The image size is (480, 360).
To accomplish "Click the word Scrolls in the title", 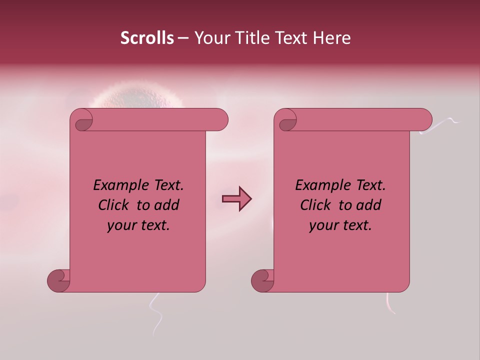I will pos(147,38).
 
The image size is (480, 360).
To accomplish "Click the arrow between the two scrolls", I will pos(236,199).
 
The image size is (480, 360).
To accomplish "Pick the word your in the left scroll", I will pos(121,225).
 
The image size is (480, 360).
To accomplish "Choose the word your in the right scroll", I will pos(323,225).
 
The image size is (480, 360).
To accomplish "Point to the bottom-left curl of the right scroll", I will pos(263,280).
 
